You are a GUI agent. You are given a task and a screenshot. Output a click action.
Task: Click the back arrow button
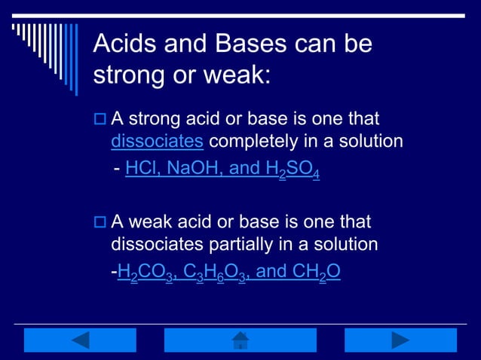click(x=80, y=340)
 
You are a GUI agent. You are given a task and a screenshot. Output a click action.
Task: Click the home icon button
click(x=240, y=340)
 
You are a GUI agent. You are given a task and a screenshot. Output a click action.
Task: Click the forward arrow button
click(x=400, y=340)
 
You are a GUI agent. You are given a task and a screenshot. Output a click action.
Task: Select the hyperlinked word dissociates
click(x=157, y=141)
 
